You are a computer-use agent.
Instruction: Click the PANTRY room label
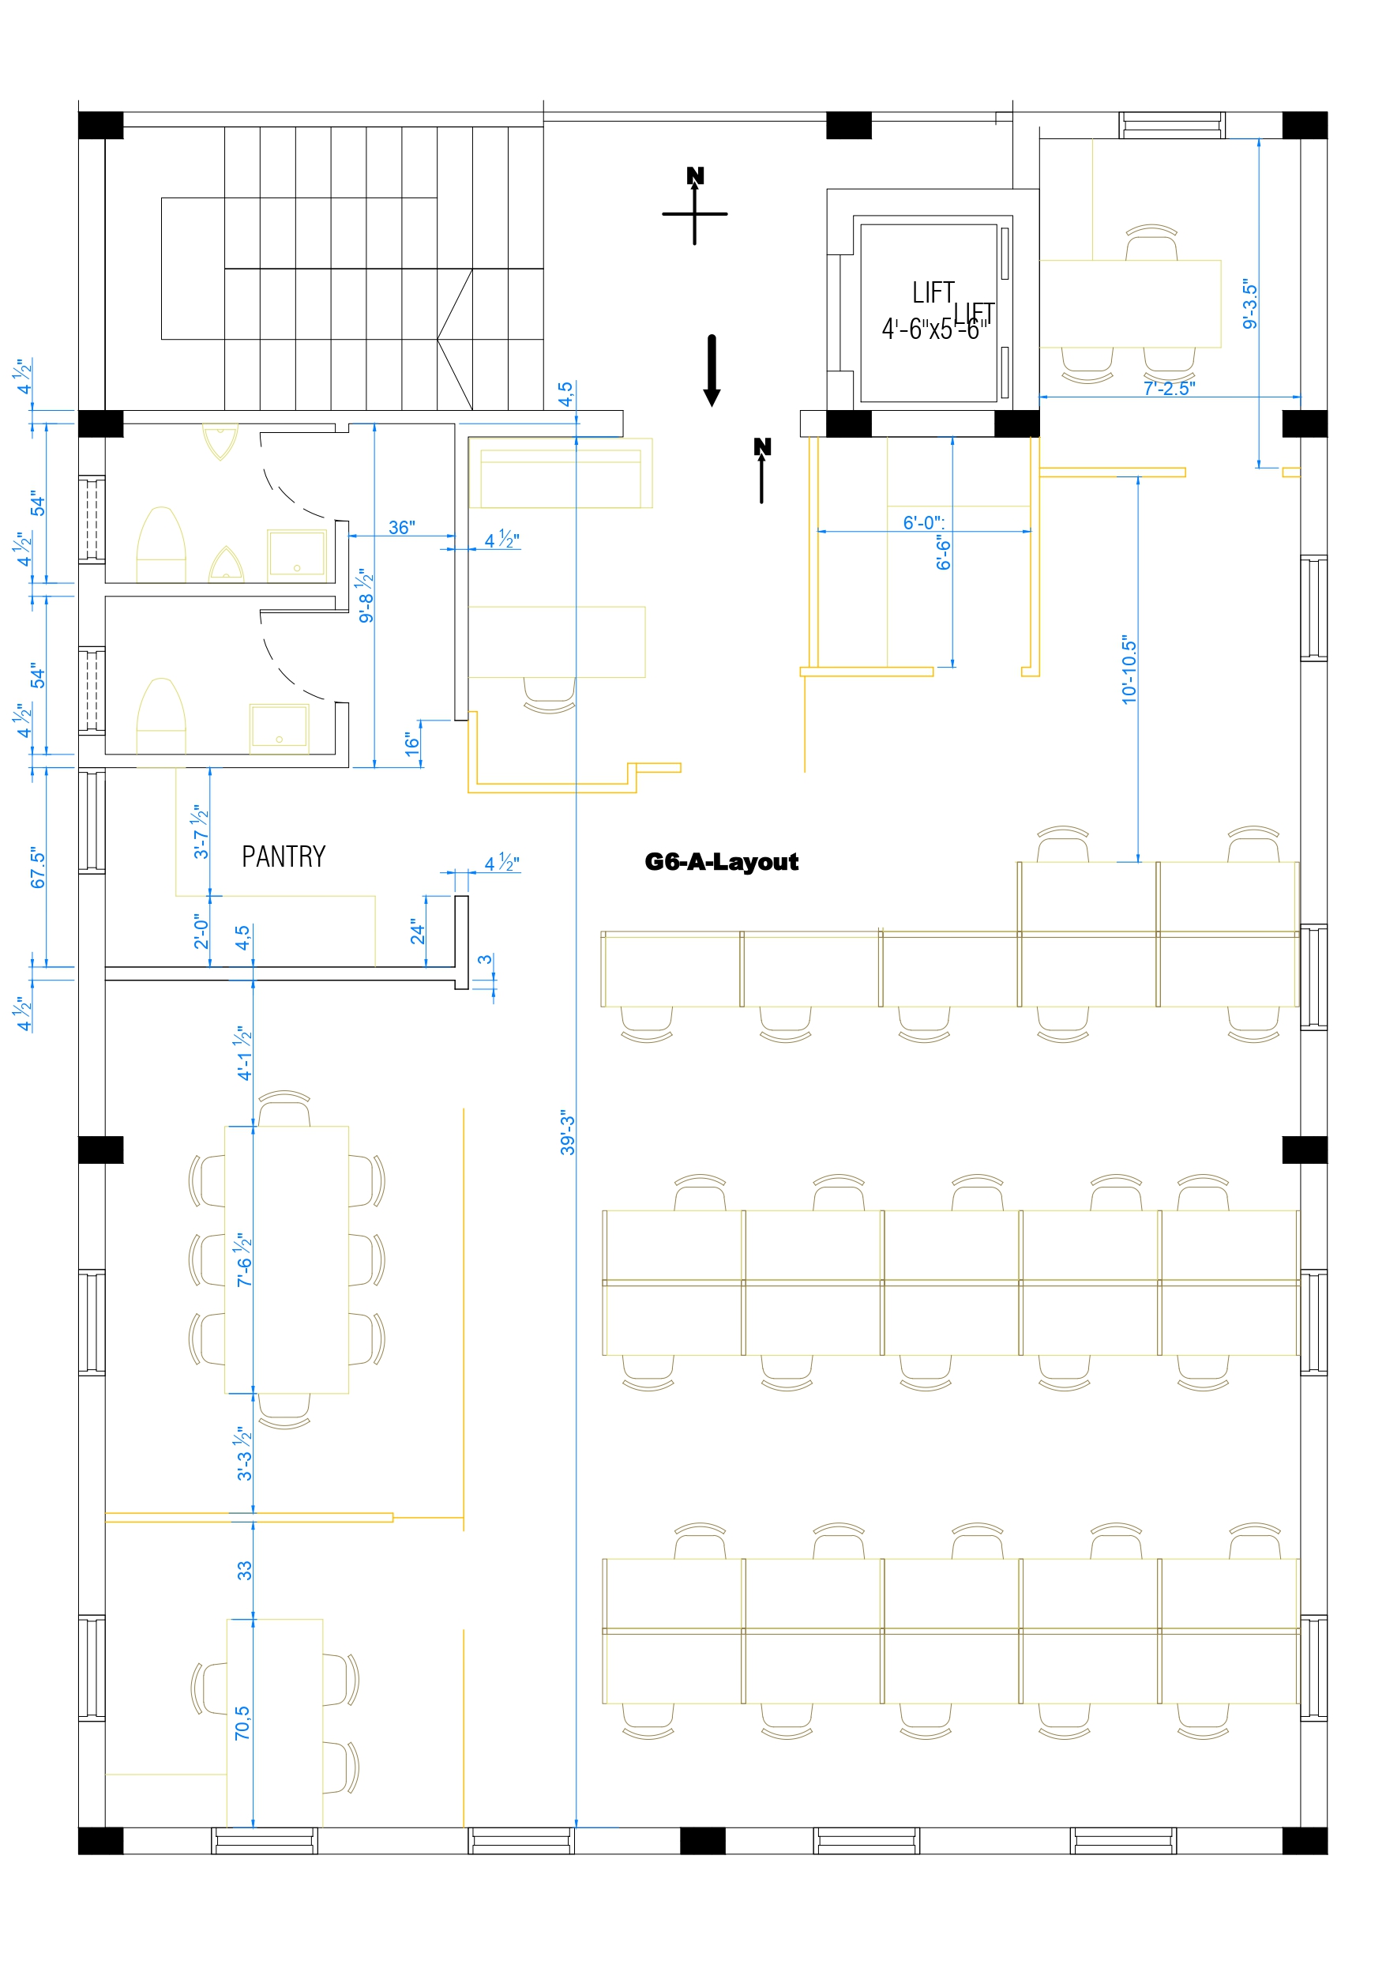click(284, 856)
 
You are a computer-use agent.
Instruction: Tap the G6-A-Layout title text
click(721, 862)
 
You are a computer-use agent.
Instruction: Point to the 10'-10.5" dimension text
click(1129, 670)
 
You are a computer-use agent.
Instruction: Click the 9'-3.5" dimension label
click(1249, 303)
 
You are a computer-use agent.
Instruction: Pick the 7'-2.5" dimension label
click(1168, 389)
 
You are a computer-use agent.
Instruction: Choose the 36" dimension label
click(401, 528)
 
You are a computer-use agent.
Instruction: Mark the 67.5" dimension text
click(38, 868)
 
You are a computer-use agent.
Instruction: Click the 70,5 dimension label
click(242, 1722)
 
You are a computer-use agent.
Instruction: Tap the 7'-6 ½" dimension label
click(244, 1259)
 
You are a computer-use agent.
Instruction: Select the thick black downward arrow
click(712, 370)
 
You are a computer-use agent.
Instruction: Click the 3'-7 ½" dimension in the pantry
click(201, 831)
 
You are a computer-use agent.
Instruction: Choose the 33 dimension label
click(244, 1570)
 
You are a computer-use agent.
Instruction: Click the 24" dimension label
click(417, 931)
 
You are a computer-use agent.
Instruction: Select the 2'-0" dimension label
click(201, 931)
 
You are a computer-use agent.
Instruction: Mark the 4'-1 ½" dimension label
click(244, 1052)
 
